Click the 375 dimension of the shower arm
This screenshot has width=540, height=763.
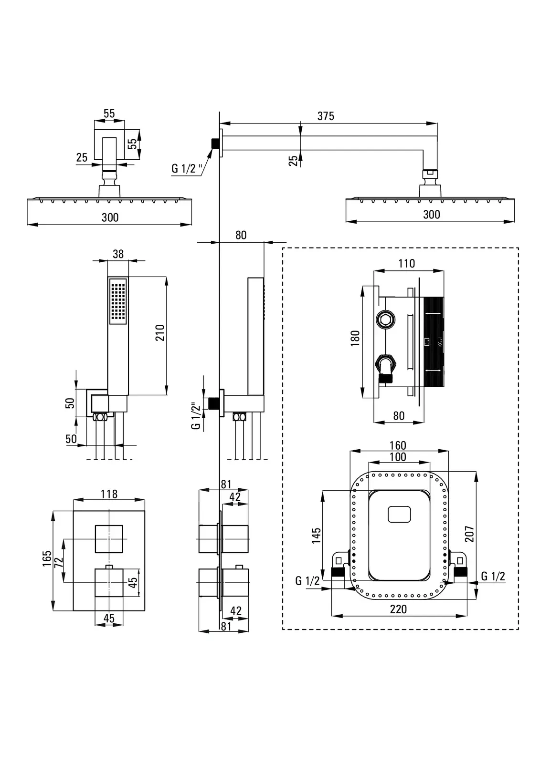pos(326,116)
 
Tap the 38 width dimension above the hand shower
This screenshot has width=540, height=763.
pos(118,254)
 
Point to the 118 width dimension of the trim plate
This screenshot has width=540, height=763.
pos(109,494)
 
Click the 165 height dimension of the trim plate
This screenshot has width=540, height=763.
pos(46,559)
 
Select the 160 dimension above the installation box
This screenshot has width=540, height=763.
pos(397,445)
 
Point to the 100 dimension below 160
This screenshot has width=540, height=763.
pos(397,457)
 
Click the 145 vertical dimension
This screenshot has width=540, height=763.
pos(316,535)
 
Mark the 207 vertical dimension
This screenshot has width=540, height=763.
pos(469,534)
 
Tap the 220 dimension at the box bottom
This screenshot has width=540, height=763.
pos(398,609)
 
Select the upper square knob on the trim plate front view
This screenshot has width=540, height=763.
pos(109,539)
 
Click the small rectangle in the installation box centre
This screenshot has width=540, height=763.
pos(399,515)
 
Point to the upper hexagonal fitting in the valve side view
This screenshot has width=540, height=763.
pos(386,319)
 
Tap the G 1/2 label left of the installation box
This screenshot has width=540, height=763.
pos(307,580)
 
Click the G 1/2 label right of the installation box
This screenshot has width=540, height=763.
pos(493,576)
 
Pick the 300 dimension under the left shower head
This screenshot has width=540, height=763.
pos(110,217)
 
